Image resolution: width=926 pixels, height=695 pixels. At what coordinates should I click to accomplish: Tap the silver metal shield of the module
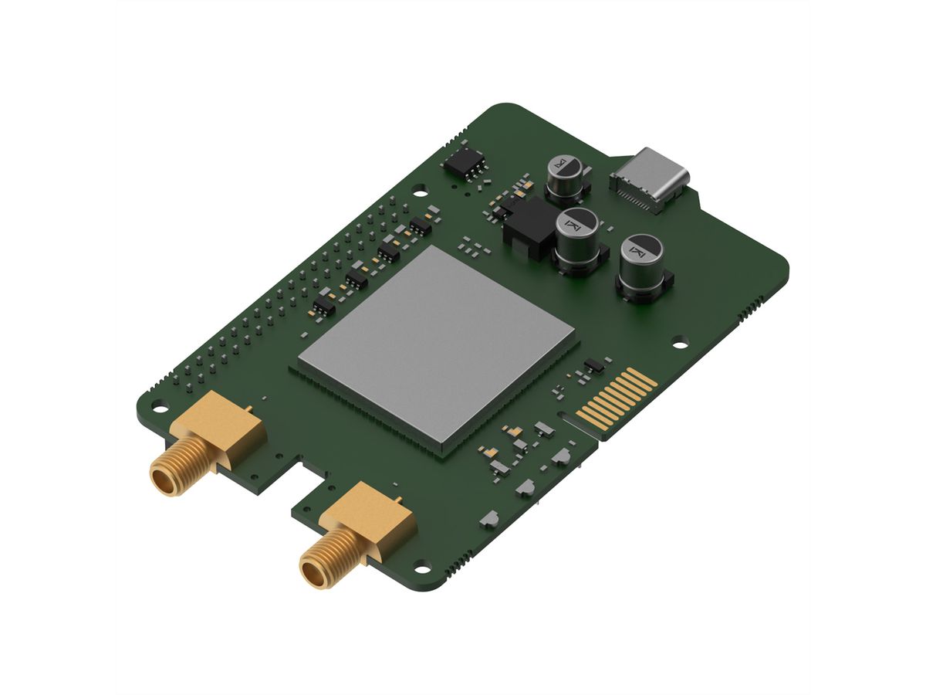click(x=437, y=344)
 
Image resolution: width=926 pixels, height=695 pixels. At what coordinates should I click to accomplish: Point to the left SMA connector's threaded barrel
click(x=174, y=468)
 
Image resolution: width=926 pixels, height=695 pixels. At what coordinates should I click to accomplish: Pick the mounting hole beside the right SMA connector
click(x=421, y=570)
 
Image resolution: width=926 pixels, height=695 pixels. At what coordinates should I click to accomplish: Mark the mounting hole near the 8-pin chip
click(x=419, y=187)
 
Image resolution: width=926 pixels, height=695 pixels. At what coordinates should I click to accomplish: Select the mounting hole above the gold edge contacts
click(x=680, y=338)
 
